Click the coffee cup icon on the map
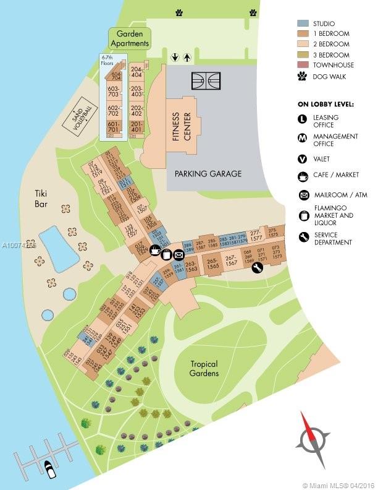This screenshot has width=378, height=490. pyautogui.click(x=156, y=251)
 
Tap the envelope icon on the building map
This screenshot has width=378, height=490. pyautogui.click(x=179, y=254)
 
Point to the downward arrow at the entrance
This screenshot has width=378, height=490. pyautogui.click(x=175, y=58)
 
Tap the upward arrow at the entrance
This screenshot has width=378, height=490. pyautogui.click(x=187, y=58)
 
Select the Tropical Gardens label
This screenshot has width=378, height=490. pyautogui.click(x=204, y=369)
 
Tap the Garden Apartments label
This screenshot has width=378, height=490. pyautogui.click(x=130, y=38)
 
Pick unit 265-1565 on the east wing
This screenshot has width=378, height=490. pyautogui.click(x=212, y=263)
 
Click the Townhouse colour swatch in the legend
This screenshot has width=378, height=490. pyautogui.click(x=303, y=65)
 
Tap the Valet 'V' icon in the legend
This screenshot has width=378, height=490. pyautogui.click(x=303, y=159)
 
